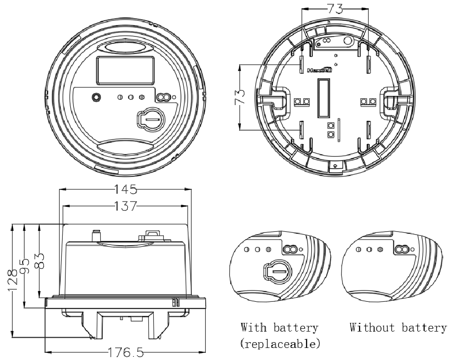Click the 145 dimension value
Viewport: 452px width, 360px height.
(125, 189)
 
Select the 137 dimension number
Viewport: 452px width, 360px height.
(125, 206)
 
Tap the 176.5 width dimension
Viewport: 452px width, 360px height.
(126, 352)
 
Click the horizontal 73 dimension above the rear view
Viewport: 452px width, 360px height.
(335, 9)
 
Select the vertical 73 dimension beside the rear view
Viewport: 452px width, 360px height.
(240, 97)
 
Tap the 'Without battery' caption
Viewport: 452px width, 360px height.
(398, 328)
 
